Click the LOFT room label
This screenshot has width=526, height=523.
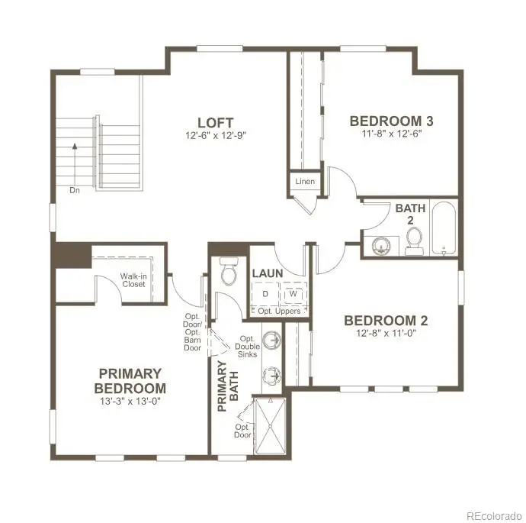[216, 123]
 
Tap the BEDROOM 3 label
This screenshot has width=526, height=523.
[392, 121]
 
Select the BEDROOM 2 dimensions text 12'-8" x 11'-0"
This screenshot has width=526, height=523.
[386, 334]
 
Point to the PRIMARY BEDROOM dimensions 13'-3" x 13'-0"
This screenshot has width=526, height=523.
[130, 401]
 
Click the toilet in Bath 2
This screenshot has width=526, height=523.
[414, 241]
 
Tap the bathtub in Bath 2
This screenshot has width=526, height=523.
[444, 228]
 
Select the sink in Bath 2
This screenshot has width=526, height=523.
[381, 246]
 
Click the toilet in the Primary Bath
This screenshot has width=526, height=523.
[229, 271]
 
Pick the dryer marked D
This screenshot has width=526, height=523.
[265, 294]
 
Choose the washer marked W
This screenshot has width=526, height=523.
[293, 294]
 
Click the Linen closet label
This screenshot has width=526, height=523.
[305, 182]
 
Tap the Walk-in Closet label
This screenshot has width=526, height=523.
[133, 280]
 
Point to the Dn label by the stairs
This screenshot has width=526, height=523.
[75, 190]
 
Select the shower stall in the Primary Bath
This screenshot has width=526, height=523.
[271, 426]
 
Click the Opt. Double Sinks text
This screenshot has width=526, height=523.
[247, 347]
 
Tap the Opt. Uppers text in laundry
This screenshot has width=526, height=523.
[279, 312]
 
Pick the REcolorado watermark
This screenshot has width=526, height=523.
[495, 515]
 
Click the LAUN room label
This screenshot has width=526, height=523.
[268, 273]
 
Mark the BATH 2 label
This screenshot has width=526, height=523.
[410, 214]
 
